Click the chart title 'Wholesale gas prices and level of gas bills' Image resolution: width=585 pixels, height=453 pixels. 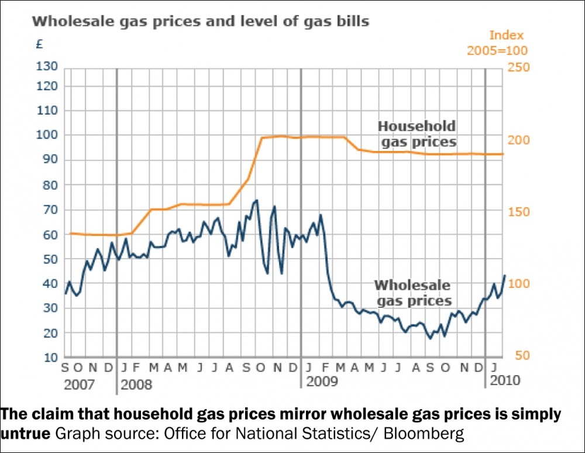pos(200,22)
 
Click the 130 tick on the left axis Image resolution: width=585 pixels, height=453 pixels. pos(48,67)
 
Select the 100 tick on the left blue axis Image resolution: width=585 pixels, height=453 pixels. pos(48,135)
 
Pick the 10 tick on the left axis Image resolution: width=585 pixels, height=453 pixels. pos(51,357)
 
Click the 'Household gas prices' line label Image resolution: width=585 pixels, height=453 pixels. pos(417,134)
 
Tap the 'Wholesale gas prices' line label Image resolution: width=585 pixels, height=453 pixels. pos(413,293)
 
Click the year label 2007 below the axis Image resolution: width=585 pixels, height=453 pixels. pos(80,385)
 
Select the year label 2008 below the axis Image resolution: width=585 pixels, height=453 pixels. pos(136,385)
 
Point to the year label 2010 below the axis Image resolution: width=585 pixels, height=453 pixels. pos(505,381)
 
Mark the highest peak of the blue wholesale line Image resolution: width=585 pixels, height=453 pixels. pos(256,201)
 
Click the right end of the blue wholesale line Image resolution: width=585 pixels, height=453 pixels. pos(505,276)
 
